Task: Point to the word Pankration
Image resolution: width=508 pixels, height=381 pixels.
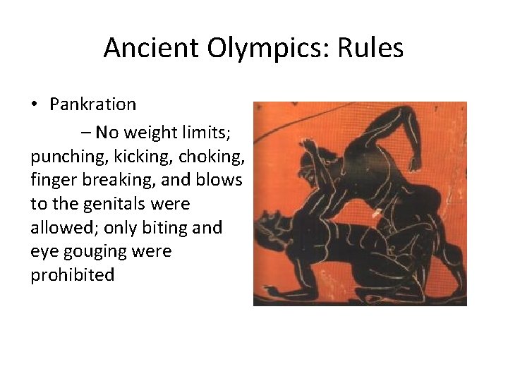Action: tap(92, 105)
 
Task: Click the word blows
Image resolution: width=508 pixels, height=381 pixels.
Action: tap(218, 180)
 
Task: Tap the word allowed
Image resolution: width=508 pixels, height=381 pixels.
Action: tap(58, 228)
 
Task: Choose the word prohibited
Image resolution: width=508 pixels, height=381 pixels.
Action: tap(72, 275)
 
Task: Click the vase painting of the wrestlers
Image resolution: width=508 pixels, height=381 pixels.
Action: tap(360, 203)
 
